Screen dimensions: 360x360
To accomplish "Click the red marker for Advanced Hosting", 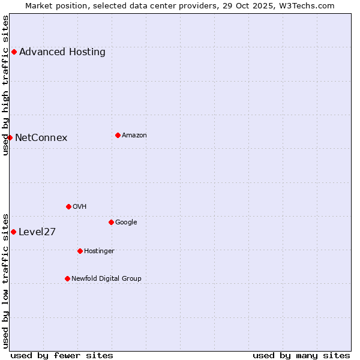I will [14, 52].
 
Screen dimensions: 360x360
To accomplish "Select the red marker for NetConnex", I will [10, 137].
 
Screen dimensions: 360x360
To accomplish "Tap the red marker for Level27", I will [13, 232].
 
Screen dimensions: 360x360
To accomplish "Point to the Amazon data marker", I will [118, 135].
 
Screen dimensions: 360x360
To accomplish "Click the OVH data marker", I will [68, 206].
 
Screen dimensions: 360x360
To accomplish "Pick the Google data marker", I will [111, 222].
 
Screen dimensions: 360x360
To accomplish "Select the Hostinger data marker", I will [80, 251].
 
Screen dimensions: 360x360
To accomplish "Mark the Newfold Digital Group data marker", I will [67, 278].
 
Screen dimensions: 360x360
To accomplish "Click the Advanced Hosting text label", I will [62, 52].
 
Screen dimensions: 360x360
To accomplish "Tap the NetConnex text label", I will [41, 138].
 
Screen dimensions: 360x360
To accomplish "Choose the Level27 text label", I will [37, 232].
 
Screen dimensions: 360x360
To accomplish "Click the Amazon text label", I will [134, 136].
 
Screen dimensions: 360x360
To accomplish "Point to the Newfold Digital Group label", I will [106, 278].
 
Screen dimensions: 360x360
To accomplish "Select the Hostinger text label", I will [99, 251].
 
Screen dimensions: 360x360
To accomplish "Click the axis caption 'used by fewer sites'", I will [62, 355].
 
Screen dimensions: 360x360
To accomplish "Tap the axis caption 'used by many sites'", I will [301, 355].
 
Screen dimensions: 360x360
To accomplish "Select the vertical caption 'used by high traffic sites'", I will [5, 85].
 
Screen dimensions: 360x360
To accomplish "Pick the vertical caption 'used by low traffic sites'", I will [5, 280].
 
